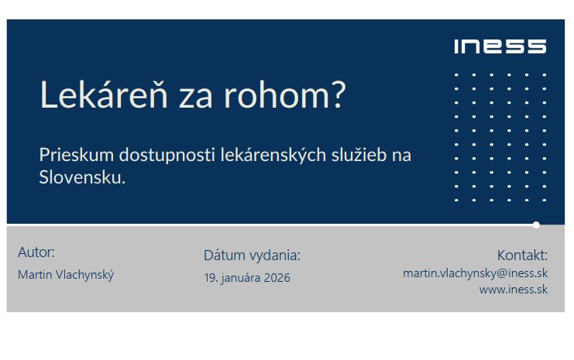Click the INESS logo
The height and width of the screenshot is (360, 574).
coord(500,46)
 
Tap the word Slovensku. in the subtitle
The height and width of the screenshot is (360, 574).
coord(82,177)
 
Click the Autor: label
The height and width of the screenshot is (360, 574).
coord(36,252)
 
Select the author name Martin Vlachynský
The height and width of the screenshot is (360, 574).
coord(66,275)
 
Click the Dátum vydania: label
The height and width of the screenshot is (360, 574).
coord(252,255)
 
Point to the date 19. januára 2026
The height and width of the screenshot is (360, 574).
coord(247,277)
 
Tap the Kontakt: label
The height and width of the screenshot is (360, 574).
coord(522,255)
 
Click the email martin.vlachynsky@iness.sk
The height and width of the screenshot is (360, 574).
coord(475,273)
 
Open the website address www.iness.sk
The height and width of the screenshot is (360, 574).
coord(513,290)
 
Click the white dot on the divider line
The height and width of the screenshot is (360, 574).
coord(536,225)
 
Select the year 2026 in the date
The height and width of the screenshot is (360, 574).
coord(276,277)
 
